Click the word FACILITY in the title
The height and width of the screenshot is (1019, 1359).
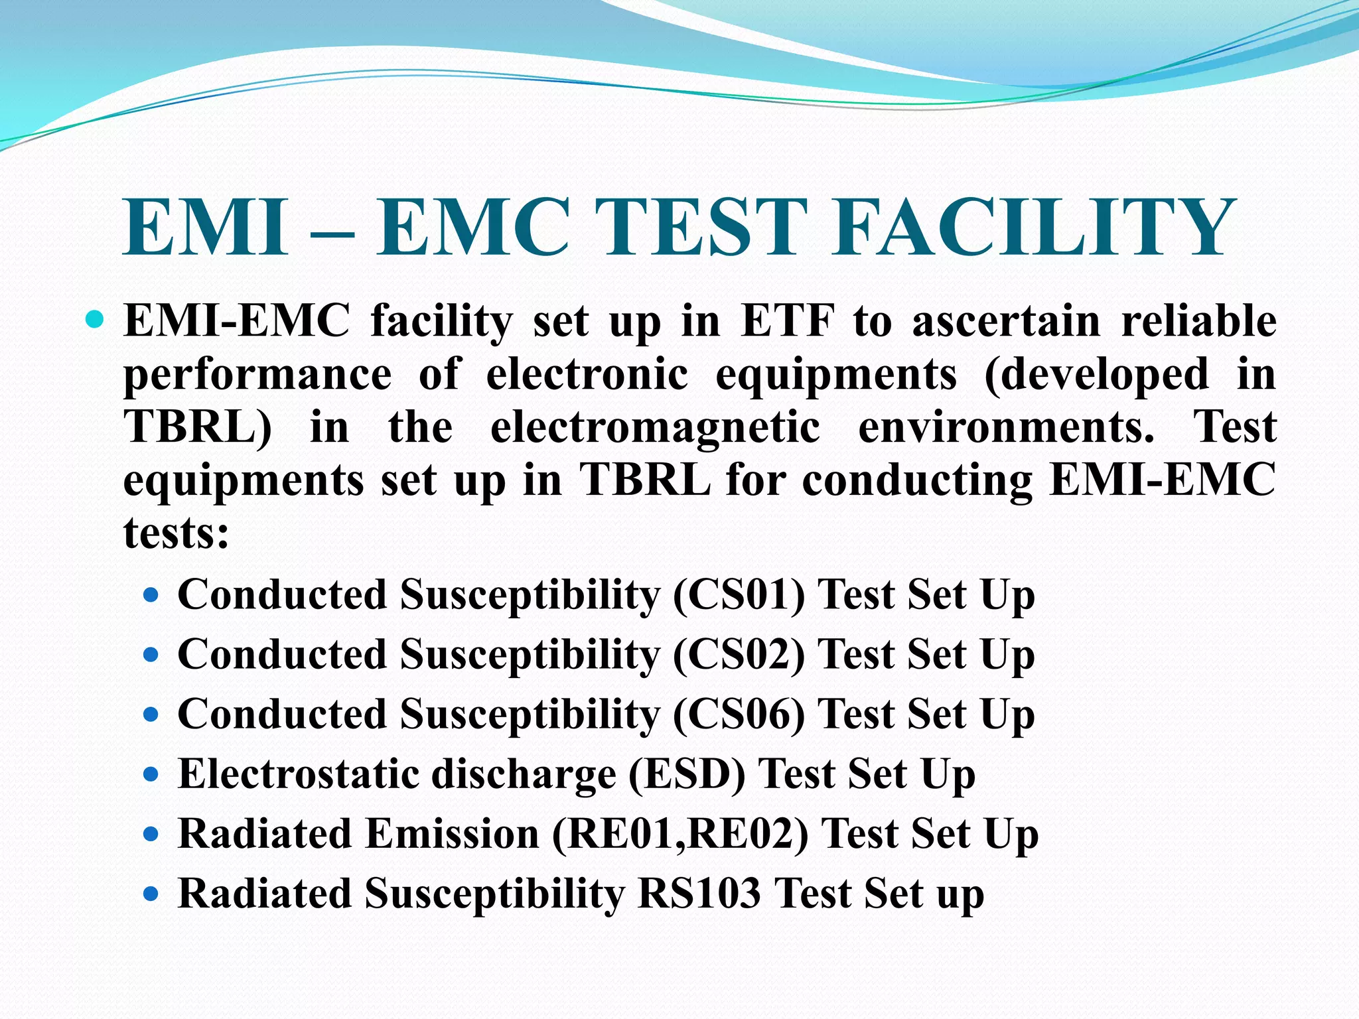pos(1033,227)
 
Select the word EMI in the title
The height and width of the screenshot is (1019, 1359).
pos(206,227)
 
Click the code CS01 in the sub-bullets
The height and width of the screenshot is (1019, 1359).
pos(739,594)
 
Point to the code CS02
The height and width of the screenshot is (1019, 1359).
pos(739,654)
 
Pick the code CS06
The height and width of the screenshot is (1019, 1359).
pos(739,714)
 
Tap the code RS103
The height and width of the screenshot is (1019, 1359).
pos(699,893)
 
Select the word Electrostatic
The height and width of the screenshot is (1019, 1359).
pos(299,774)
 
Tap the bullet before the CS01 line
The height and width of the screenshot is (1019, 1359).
pos(151,596)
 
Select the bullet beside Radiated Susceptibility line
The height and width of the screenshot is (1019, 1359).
pos(151,894)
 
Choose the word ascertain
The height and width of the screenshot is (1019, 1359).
pos(1007,321)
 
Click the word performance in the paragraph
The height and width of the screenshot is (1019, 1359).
pos(257,375)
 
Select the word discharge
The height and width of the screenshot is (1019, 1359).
pos(524,774)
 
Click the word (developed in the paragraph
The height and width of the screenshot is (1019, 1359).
pos(1097,375)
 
